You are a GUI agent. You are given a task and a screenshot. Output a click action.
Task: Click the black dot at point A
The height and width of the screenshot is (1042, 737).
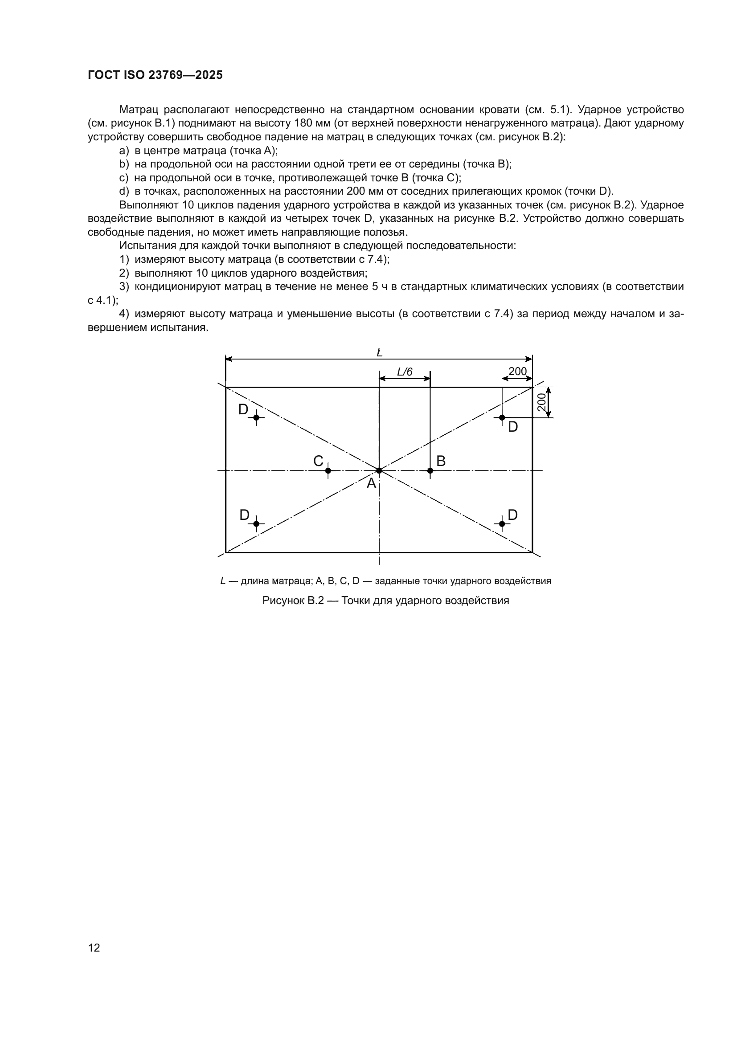click(x=379, y=470)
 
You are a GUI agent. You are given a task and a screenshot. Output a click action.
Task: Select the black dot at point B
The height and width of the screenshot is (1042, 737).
click(x=430, y=470)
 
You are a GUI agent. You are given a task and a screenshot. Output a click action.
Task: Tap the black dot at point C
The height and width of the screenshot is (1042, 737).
click(x=328, y=470)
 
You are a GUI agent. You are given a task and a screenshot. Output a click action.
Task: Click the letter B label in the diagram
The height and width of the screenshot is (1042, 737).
click(x=441, y=461)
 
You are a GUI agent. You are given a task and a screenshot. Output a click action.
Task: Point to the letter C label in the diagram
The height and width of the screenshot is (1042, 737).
click(x=318, y=461)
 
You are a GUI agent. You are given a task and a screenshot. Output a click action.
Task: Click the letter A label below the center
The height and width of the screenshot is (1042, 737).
click(x=371, y=484)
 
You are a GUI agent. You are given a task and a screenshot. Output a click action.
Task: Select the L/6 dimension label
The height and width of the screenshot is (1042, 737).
click(x=405, y=372)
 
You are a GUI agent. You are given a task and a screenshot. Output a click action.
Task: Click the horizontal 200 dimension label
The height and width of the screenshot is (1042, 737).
click(x=517, y=371)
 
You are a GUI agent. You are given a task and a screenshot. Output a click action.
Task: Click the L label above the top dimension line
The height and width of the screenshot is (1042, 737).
click(x=379, y=352)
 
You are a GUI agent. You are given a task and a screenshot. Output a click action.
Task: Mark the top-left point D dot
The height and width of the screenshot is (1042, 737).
click(x=256, y=417)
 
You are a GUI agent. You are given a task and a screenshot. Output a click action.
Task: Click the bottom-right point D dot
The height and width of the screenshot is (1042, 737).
click(x=502, y=524)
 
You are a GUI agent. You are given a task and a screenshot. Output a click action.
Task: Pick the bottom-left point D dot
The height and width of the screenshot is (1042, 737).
click(x=256, y=524)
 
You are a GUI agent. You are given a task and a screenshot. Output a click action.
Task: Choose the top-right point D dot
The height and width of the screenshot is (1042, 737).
click(x=502, y=417)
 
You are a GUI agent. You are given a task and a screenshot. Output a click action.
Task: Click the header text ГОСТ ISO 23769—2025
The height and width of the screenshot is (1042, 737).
click(x=155, y=75)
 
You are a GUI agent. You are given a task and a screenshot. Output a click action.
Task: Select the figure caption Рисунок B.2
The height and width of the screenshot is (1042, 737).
click(x=385, y=601)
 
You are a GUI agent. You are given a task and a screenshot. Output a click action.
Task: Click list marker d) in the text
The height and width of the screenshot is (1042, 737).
click(x=124, y=191)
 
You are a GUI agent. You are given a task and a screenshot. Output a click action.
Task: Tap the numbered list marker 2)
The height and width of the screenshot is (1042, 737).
click(x=124, y=273)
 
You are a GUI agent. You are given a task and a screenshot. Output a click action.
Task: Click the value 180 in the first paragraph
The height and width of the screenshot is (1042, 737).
click(x=303, y=123)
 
